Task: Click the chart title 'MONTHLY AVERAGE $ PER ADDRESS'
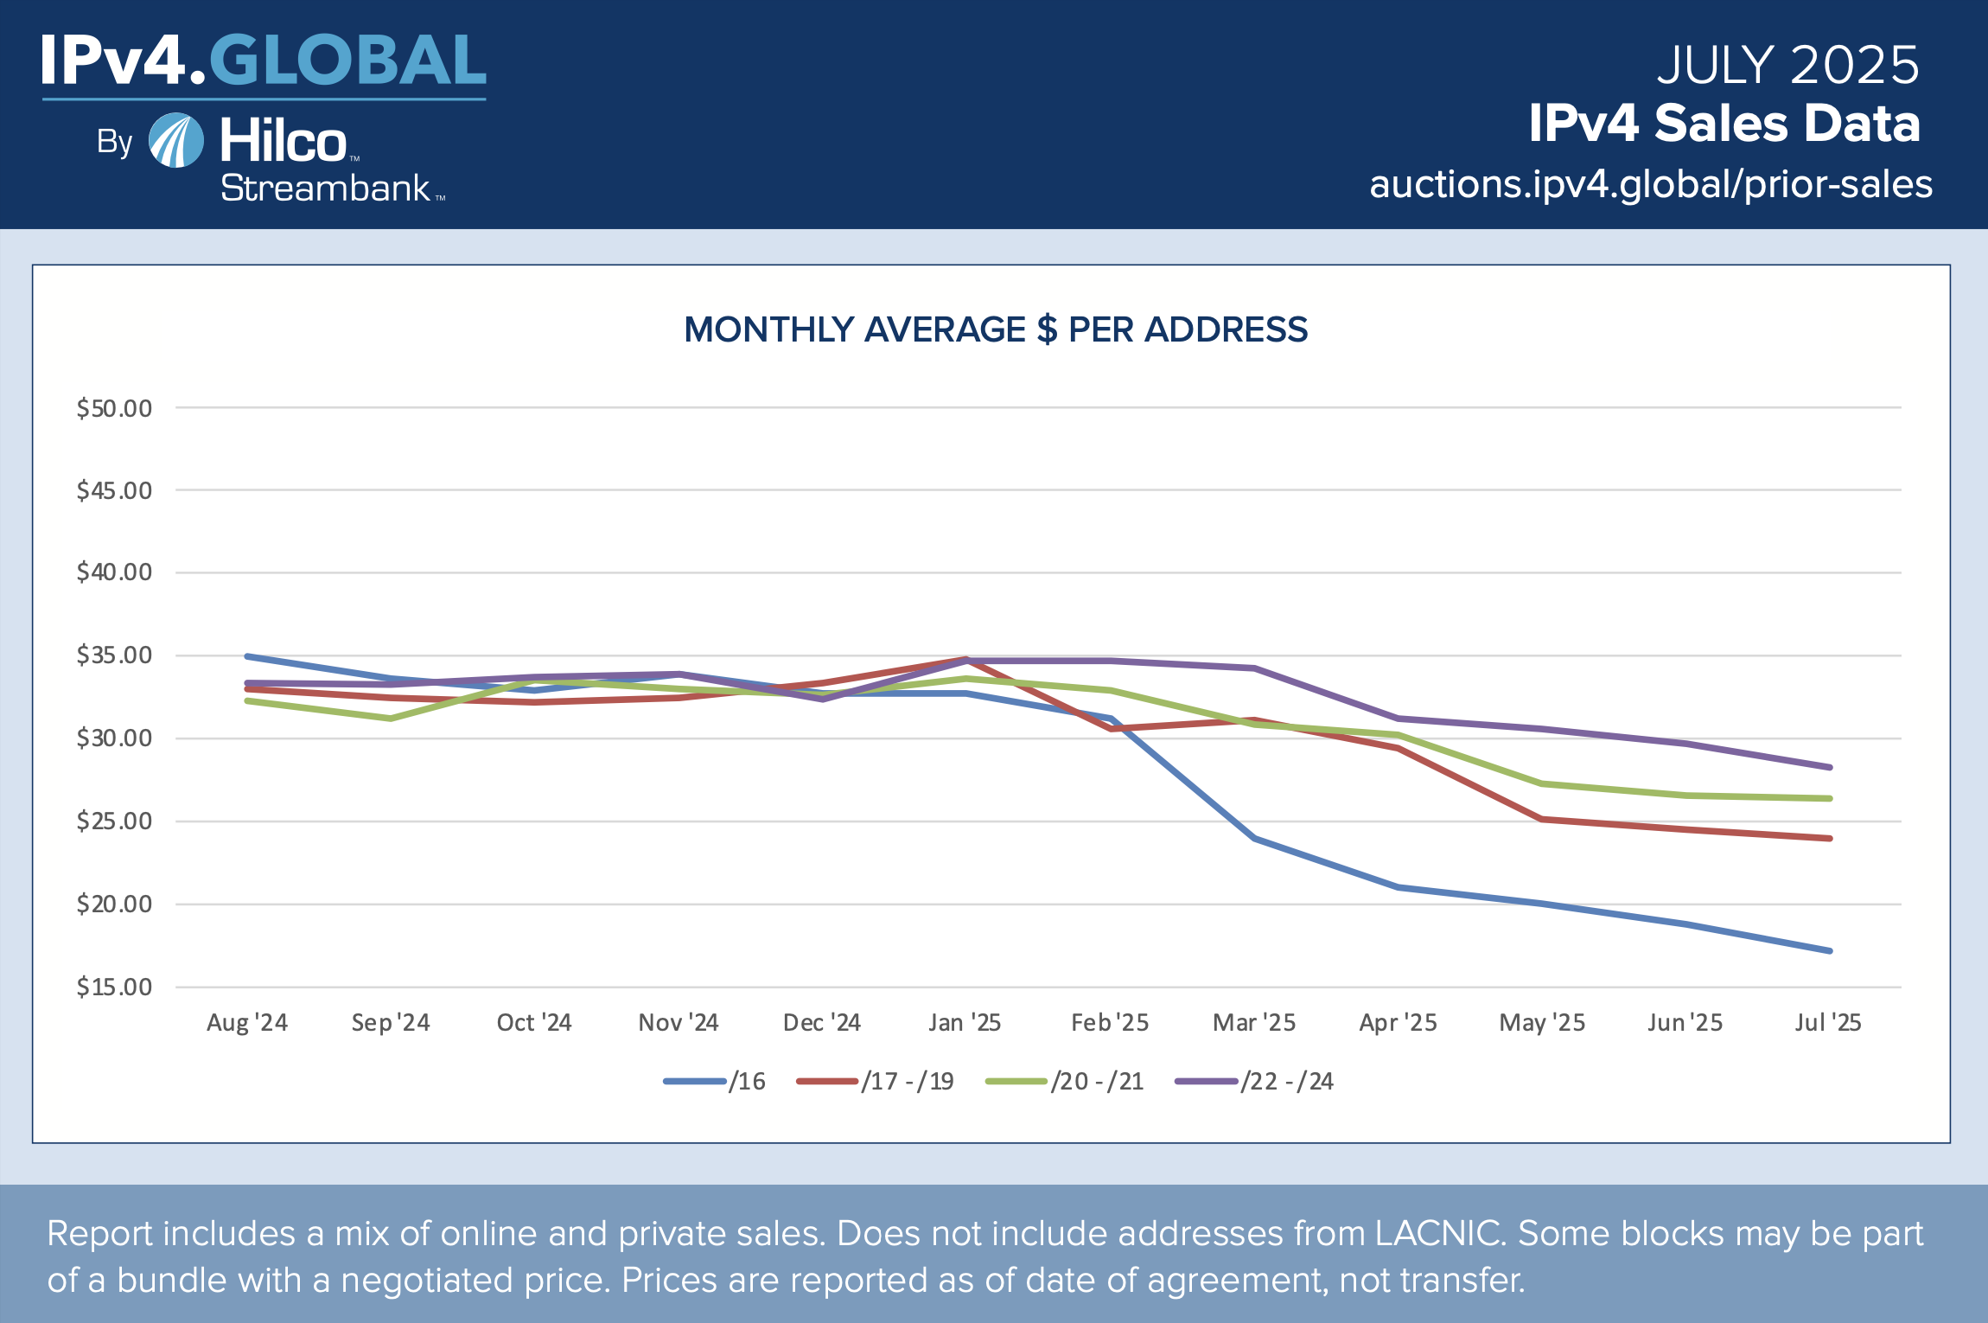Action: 995,330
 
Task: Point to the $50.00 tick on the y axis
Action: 114,408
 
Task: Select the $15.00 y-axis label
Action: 114,987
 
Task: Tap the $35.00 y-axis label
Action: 114,655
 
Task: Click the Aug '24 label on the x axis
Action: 247,1023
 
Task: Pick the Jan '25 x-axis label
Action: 965,1023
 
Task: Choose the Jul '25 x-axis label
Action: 1827,1023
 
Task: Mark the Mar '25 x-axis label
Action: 1254,1023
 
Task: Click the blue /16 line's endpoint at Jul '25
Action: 1829,950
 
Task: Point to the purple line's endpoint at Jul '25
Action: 1829,767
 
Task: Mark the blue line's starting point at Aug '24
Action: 248,656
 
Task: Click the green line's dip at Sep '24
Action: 391,719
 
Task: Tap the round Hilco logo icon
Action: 176,140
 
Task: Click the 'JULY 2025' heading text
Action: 1787,65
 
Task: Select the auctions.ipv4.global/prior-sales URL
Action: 1651,185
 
